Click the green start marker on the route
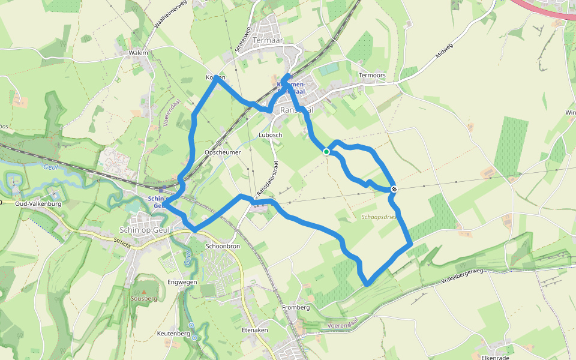(x=326, y=152)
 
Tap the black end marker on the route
(x=394, y=190)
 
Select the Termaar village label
(x=268, y=40)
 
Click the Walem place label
(x=138, y=53)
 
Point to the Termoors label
(x=388, y=75)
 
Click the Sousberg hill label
(x=143, y=298)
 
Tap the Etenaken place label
(x=254, y=331)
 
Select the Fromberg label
(x=296, y=308)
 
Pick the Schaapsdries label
(x=379, y=217)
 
